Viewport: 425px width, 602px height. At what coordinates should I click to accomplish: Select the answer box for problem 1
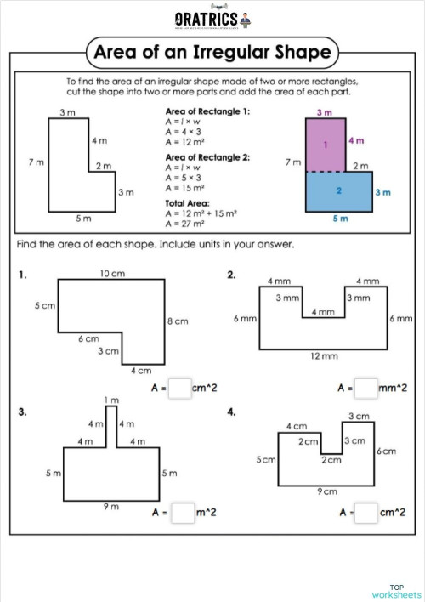[x=179, y=389]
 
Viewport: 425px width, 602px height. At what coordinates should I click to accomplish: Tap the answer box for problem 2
[x=365, y=389]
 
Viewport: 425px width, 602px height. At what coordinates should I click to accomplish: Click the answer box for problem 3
[x=183, y=513]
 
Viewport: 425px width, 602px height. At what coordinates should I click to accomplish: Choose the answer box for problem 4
[x=365, y=513]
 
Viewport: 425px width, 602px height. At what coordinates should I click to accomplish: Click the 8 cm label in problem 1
[x=178, y=321]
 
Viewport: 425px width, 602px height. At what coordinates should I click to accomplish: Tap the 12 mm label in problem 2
[x=324, y=357]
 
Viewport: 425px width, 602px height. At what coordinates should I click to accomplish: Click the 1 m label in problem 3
[x=110, y=400]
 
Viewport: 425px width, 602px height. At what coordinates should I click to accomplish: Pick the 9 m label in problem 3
[x=110, y=506]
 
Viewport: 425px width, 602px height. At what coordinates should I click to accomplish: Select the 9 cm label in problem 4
[x=327, y=491]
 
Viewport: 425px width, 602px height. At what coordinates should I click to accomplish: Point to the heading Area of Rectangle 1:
[x=201, y=112]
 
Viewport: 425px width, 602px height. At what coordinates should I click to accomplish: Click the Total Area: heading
[x=186, y=204]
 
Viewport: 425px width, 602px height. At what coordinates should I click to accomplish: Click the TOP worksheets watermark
[x=397, y=591]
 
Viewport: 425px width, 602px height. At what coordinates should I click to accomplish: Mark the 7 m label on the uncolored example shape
[x=36, y=162]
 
